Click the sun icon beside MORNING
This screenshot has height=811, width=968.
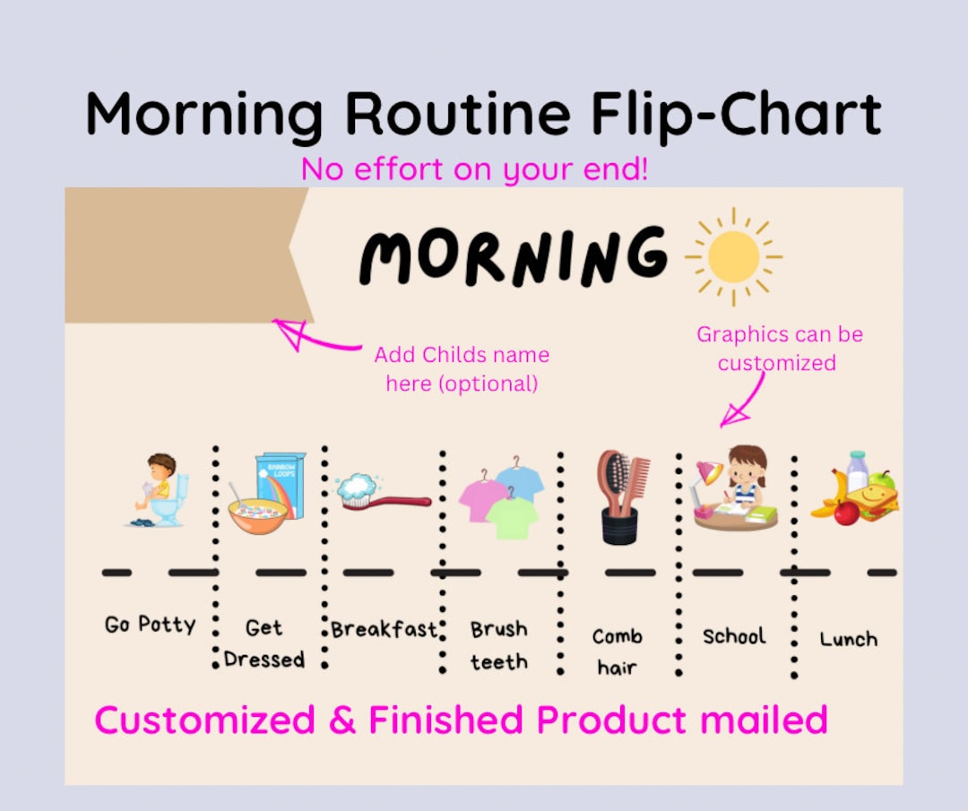733,257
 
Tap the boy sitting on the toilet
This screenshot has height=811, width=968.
159,491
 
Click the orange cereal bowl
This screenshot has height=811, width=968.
257,516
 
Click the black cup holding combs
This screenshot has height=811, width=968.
619,524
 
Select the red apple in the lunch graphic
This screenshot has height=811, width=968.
846,513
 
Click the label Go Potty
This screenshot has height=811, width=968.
150,624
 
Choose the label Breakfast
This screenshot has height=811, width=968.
383,629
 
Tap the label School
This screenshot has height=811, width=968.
734,636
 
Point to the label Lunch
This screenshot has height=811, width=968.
848,639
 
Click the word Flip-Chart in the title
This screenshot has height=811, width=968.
736,115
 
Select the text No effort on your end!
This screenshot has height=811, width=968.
474,169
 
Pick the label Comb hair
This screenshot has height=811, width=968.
617,651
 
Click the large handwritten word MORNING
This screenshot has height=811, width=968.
514,256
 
